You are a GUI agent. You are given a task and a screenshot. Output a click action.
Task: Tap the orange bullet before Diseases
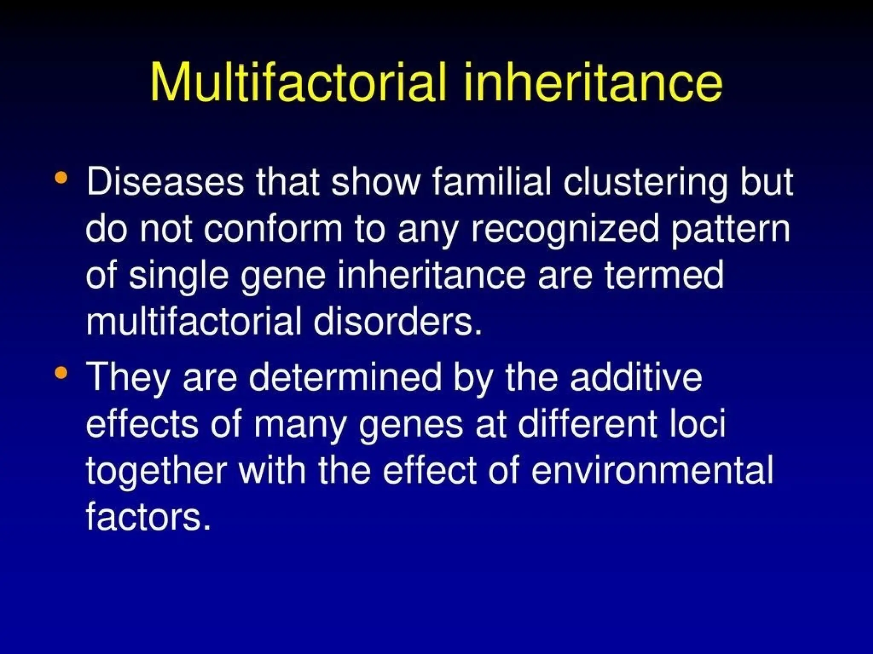click(61, 178)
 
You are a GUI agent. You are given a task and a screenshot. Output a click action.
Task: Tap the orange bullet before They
click(61, 373)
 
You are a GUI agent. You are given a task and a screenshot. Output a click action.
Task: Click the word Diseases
click(165, 182)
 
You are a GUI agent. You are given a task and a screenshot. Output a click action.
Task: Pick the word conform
click(273, 229)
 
